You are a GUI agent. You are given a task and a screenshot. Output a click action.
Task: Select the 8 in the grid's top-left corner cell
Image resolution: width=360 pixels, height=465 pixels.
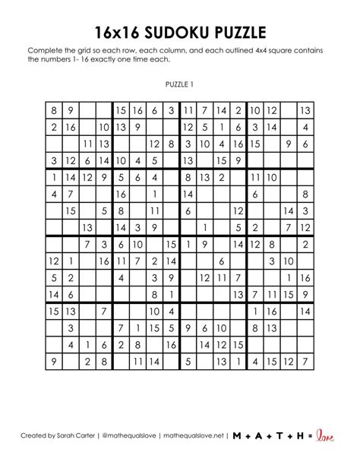54,111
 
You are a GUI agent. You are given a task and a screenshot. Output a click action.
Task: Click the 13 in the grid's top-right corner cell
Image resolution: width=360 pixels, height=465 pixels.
305,111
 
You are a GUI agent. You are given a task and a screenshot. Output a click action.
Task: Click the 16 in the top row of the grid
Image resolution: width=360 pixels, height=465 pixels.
137,111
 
